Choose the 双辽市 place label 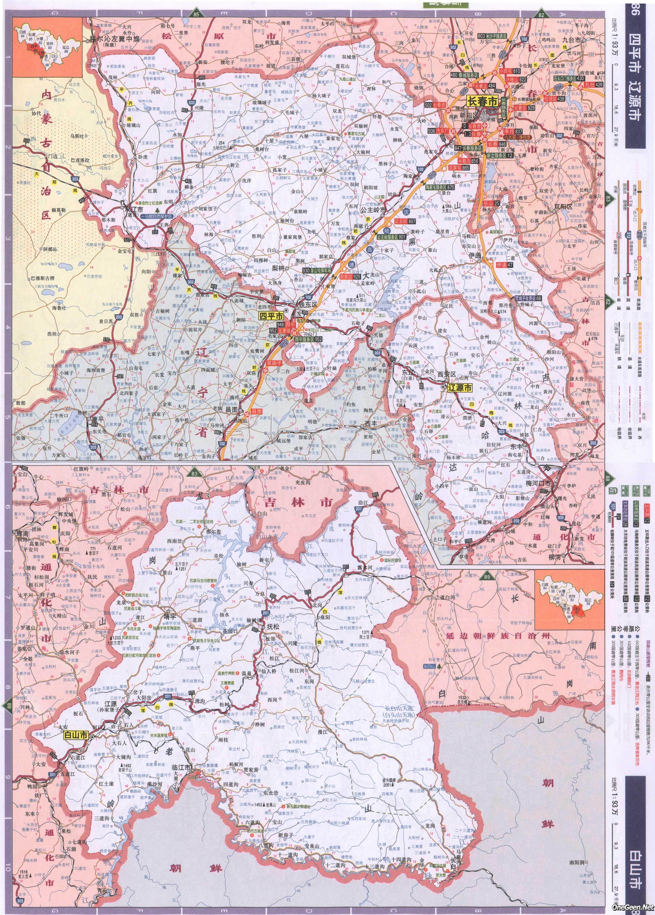click(x=134, y=210)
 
